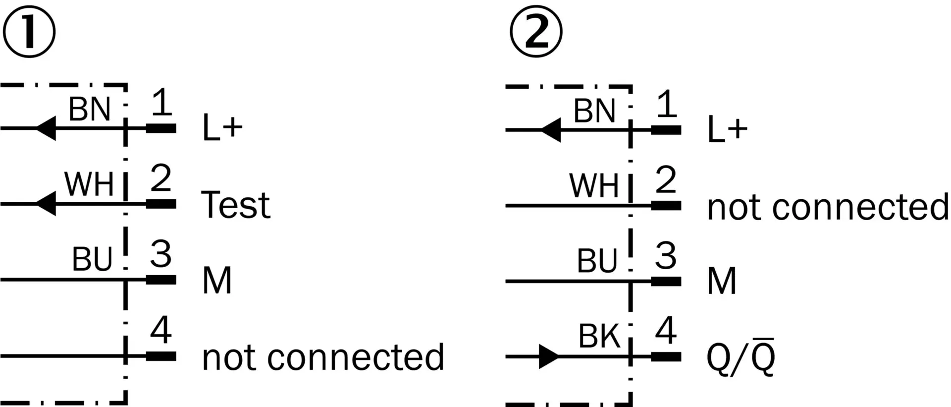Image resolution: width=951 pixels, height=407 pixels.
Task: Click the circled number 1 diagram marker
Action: (29, 32)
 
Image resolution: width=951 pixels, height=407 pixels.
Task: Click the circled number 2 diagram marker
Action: (536, 32)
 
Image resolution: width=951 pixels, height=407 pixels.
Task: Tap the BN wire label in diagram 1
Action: (89, 110)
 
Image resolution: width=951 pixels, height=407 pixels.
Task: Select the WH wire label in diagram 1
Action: (89, 184)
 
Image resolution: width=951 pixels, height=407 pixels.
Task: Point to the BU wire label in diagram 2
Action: (597, 260)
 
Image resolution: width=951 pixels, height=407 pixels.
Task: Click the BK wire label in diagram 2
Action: (599, 337)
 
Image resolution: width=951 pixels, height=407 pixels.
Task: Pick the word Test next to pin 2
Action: (236, 204)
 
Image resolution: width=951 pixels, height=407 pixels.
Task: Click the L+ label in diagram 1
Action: (222, 128)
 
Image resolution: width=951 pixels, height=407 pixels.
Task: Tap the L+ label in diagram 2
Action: (727, 129)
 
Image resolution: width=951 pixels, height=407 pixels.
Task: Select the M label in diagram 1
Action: (217, 280)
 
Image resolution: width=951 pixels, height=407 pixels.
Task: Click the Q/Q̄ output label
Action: (740, 356)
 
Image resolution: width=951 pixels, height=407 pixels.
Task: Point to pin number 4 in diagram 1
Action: (161, 330)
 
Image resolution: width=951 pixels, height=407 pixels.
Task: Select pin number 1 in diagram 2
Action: (666, 104)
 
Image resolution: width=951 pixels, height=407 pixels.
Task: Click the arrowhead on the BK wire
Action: (549, 356)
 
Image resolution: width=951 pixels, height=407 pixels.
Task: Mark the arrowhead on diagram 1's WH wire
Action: (46, 204)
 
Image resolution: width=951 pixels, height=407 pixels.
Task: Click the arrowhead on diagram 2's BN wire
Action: (551, 130)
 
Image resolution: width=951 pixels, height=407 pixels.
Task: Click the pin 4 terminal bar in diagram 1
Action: (161, 356)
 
